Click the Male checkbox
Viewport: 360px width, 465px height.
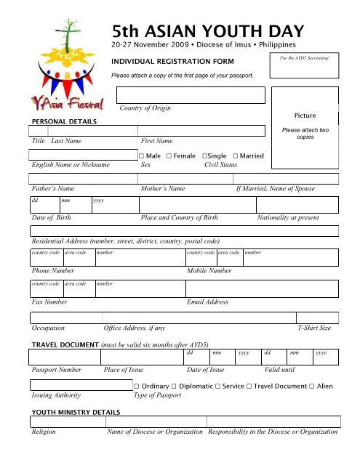tap(141, 156)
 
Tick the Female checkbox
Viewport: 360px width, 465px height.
tap(169, 156)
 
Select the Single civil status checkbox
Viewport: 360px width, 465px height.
tap(206, 156)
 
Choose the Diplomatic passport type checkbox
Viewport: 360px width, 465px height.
tap(180, 386)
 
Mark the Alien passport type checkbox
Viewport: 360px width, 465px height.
tap(312, 386)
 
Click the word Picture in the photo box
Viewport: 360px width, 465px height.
tap(305, 116)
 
